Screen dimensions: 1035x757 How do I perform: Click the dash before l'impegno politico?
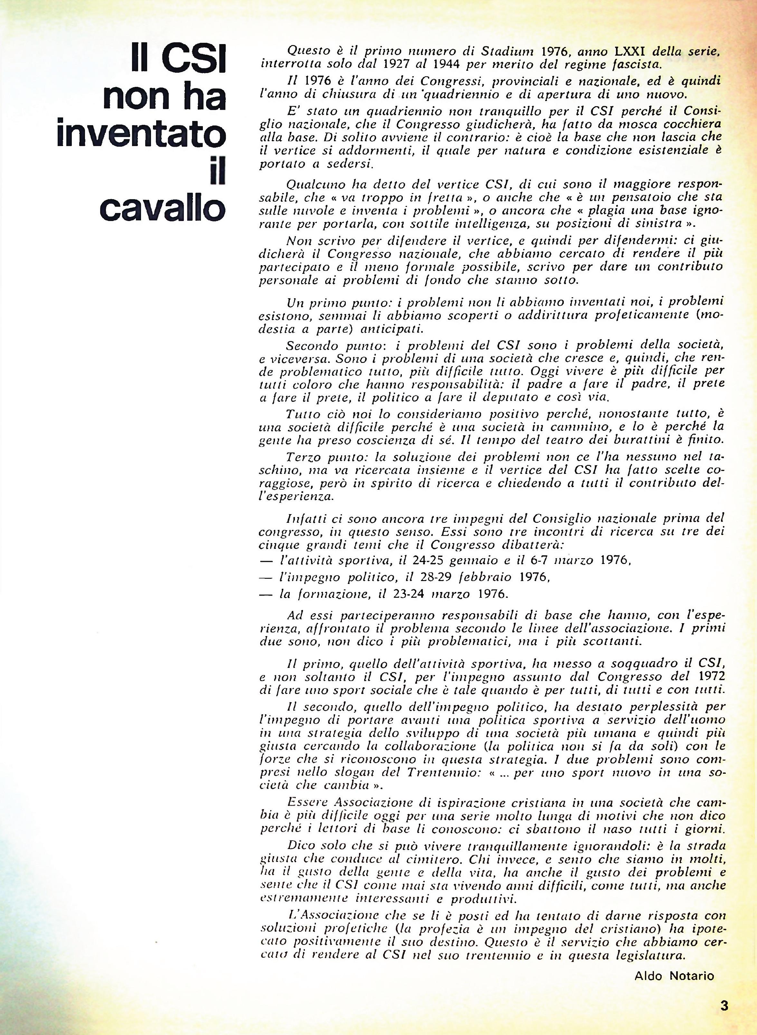[x=265, y=578]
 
